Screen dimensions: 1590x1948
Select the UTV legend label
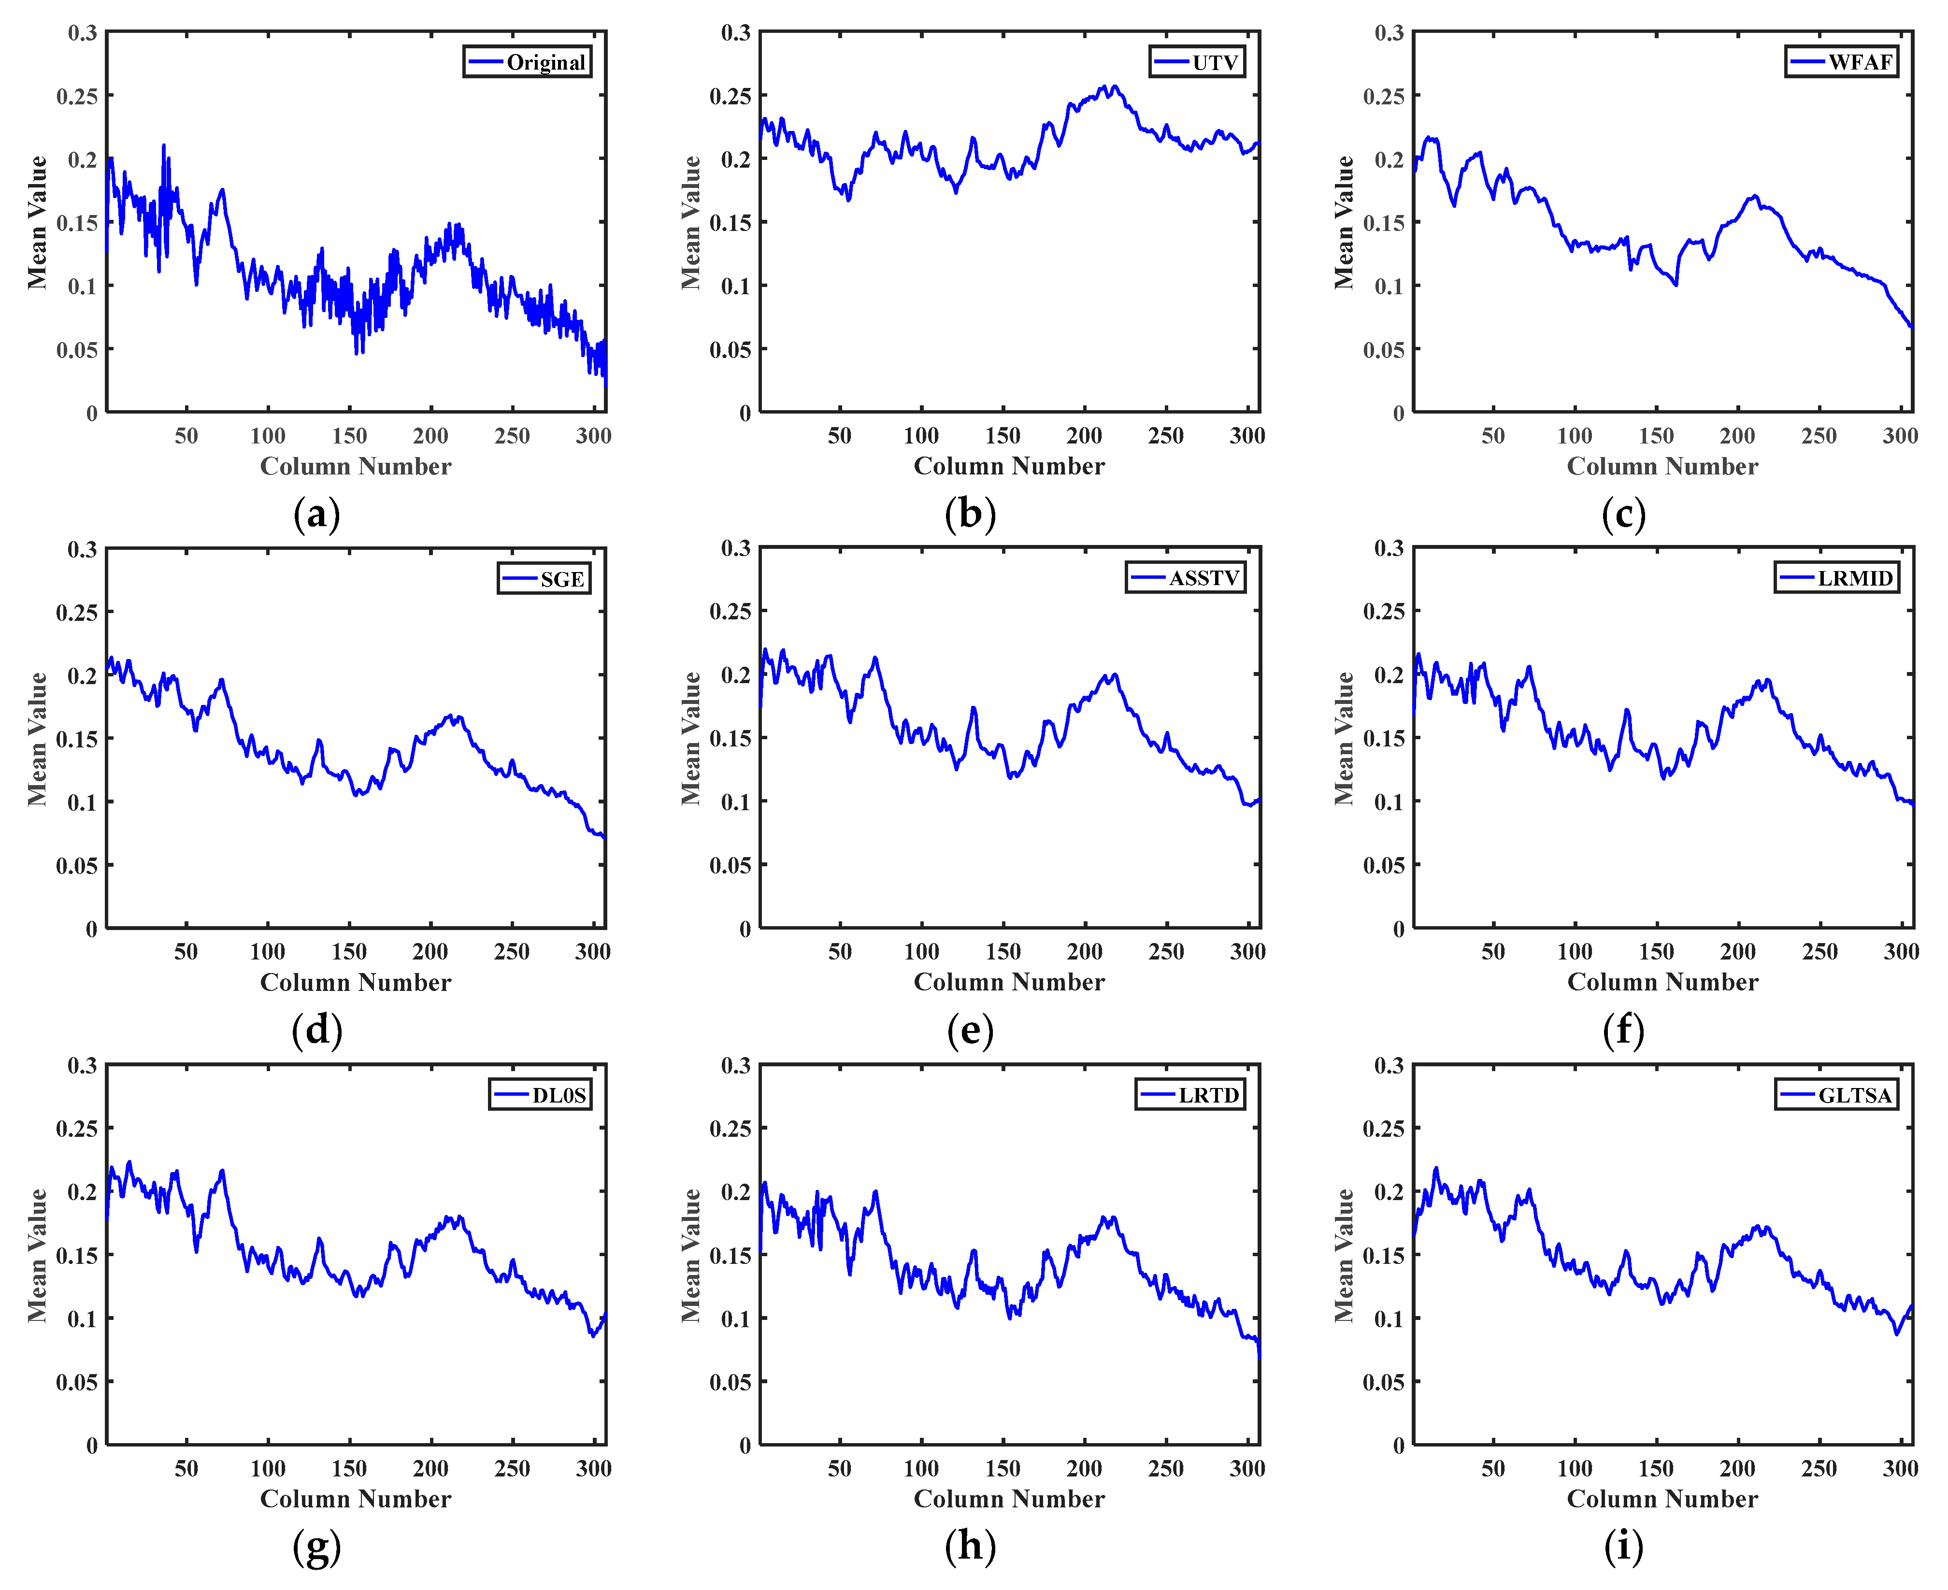click(x=1215, y=62)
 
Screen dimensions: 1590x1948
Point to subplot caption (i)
click(x=1623, y=1546)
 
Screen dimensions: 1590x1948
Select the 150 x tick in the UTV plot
click(x=1003, y=436)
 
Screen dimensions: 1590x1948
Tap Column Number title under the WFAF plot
click(x=1662, y=466)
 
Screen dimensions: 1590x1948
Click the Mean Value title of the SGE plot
click(x=37, y=738)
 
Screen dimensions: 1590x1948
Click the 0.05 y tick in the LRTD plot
click(x=730, y=1382)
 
